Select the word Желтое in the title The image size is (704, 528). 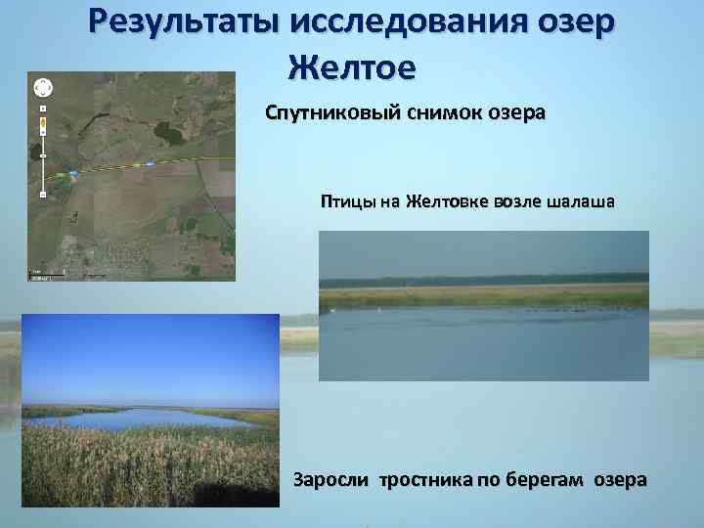pyautogui.click(x=352, y=68)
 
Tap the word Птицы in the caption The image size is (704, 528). pyautogui.click(x=347, y=202)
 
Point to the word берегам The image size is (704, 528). pyautogui.click(x=544, y=480)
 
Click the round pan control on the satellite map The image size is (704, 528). pyautogui.click(x=43, y=85)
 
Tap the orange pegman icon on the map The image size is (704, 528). pyautogui.click(x=43, y=123)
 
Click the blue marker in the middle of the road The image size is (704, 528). pyautogui.click(x=149, y=164)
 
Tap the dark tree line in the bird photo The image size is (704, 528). pyautogui.click(x=484, y=277)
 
